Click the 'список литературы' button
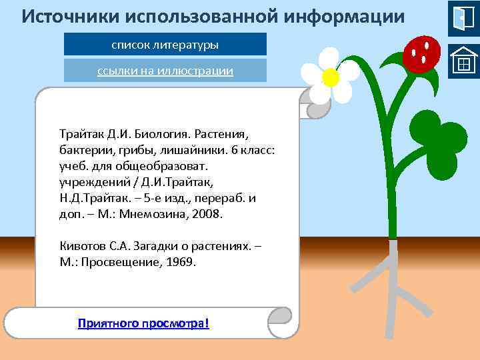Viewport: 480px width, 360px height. [165, 45]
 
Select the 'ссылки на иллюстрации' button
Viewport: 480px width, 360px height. [165, 71]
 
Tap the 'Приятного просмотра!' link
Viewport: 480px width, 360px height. [143, 323]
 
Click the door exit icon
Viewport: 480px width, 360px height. [463, 18]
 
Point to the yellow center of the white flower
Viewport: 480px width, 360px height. [330, 78]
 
